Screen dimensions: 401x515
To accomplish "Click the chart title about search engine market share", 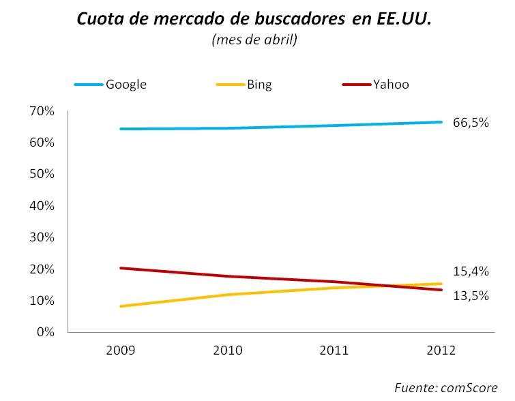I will pos(254,18).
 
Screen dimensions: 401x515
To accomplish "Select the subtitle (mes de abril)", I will pos(254,40).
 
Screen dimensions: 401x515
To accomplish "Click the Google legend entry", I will pos(126,85).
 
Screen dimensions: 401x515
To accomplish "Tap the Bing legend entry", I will pos(259,85).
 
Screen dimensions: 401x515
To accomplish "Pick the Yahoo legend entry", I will pos(391,85).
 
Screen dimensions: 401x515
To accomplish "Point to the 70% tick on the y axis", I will pos(41,110).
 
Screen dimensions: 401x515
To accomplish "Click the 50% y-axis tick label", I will pos(41,174).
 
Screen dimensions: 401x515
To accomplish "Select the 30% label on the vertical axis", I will pos(41,237).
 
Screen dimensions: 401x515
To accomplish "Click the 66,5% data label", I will pos(471,123).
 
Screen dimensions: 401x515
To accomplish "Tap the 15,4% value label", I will pos(471,271).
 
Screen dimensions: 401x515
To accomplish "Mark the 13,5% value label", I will pos(471,296).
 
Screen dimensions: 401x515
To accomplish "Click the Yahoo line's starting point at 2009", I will pos(121,268).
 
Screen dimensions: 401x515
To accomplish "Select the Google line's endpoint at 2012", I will pos(441,122).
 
